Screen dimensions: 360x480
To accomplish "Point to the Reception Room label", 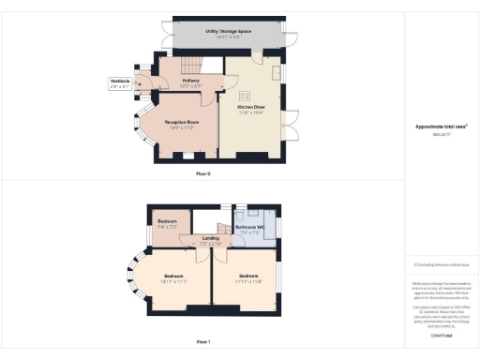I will (x=180, y=123).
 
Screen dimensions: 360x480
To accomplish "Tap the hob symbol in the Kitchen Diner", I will (x=246, y=95).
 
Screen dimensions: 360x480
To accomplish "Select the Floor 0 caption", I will (x=203, y=174).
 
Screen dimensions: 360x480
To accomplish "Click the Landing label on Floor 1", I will (x=211, y=240).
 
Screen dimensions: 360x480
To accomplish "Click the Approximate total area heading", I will (x=442, y=127).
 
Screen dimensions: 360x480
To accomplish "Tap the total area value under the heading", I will (x=442, y=136).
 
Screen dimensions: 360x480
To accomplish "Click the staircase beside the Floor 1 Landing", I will (x=225, y=220).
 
